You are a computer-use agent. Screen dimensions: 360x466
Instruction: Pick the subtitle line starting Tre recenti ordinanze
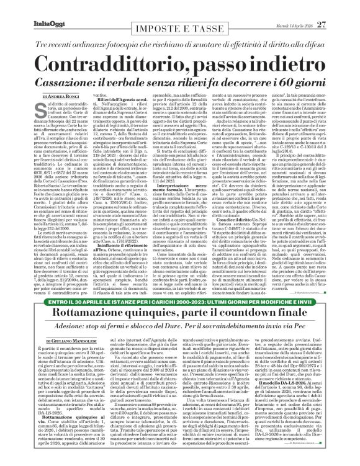pyautogui.click(x=179, y=30)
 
